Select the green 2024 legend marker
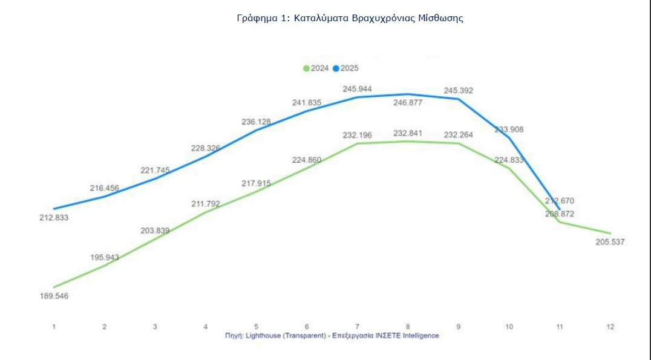pyautogui.click(x=306, y=68)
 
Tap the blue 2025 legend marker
pyautogui.click(x=336, y=68)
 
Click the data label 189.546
pyautogui.click(x=53, y=296)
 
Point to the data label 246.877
pyautogui.click(x=408, y=103)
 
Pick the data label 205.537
pyautogui.click(x=609, y=242)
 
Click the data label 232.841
pyautogui.click(x=408, y=133)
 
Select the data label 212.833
pyautogui.click(x=53, y=217)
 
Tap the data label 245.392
pyautogui.click(x=458, y=91)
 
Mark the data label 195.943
pyautogui.click(x=104, y=257)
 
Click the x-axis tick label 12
pyautogui.click(x=610, y=327)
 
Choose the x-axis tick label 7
pyautogui.click(x=357, y=327)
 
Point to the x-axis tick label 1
pyautogui.click(x=54, y=327)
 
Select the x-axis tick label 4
pyautogui.click(x=206, y=327)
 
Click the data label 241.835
pyautogui.click(x=307, y=103)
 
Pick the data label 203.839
pyautogui.click(x=155, y=231)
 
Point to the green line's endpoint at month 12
pyautogui.click(x=610, y=233)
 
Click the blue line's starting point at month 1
pyautogui.click(x=54, y=209)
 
